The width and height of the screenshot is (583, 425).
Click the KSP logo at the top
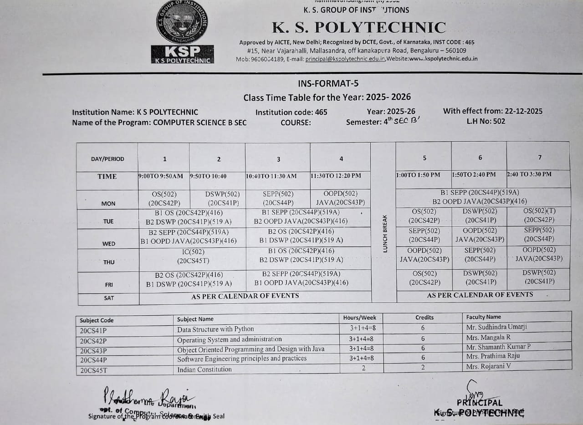[x=182, y=32]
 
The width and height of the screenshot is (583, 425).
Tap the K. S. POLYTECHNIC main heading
[x=359, y=28]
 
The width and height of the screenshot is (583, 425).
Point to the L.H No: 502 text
[x=486, y=121]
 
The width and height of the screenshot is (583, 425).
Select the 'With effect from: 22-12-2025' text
[x=492, y=111]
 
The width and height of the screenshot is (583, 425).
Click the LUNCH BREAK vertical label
[x=385, y=233]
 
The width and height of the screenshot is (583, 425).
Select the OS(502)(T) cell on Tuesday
[x=539, y=215]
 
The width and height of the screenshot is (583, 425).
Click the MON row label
[x=108, y=204]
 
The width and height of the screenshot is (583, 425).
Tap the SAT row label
[x=109, y=298]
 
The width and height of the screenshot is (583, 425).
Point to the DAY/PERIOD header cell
[x=107, y=159]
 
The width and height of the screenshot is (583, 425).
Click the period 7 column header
[x=540, y=157]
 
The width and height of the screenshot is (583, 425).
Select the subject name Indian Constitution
[x=205, y=369]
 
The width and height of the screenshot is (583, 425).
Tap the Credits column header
[x=424, y=317]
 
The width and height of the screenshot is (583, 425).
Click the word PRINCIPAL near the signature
[x=480, y=403]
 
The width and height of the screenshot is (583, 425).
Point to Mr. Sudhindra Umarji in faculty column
[x=496, y=327]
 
